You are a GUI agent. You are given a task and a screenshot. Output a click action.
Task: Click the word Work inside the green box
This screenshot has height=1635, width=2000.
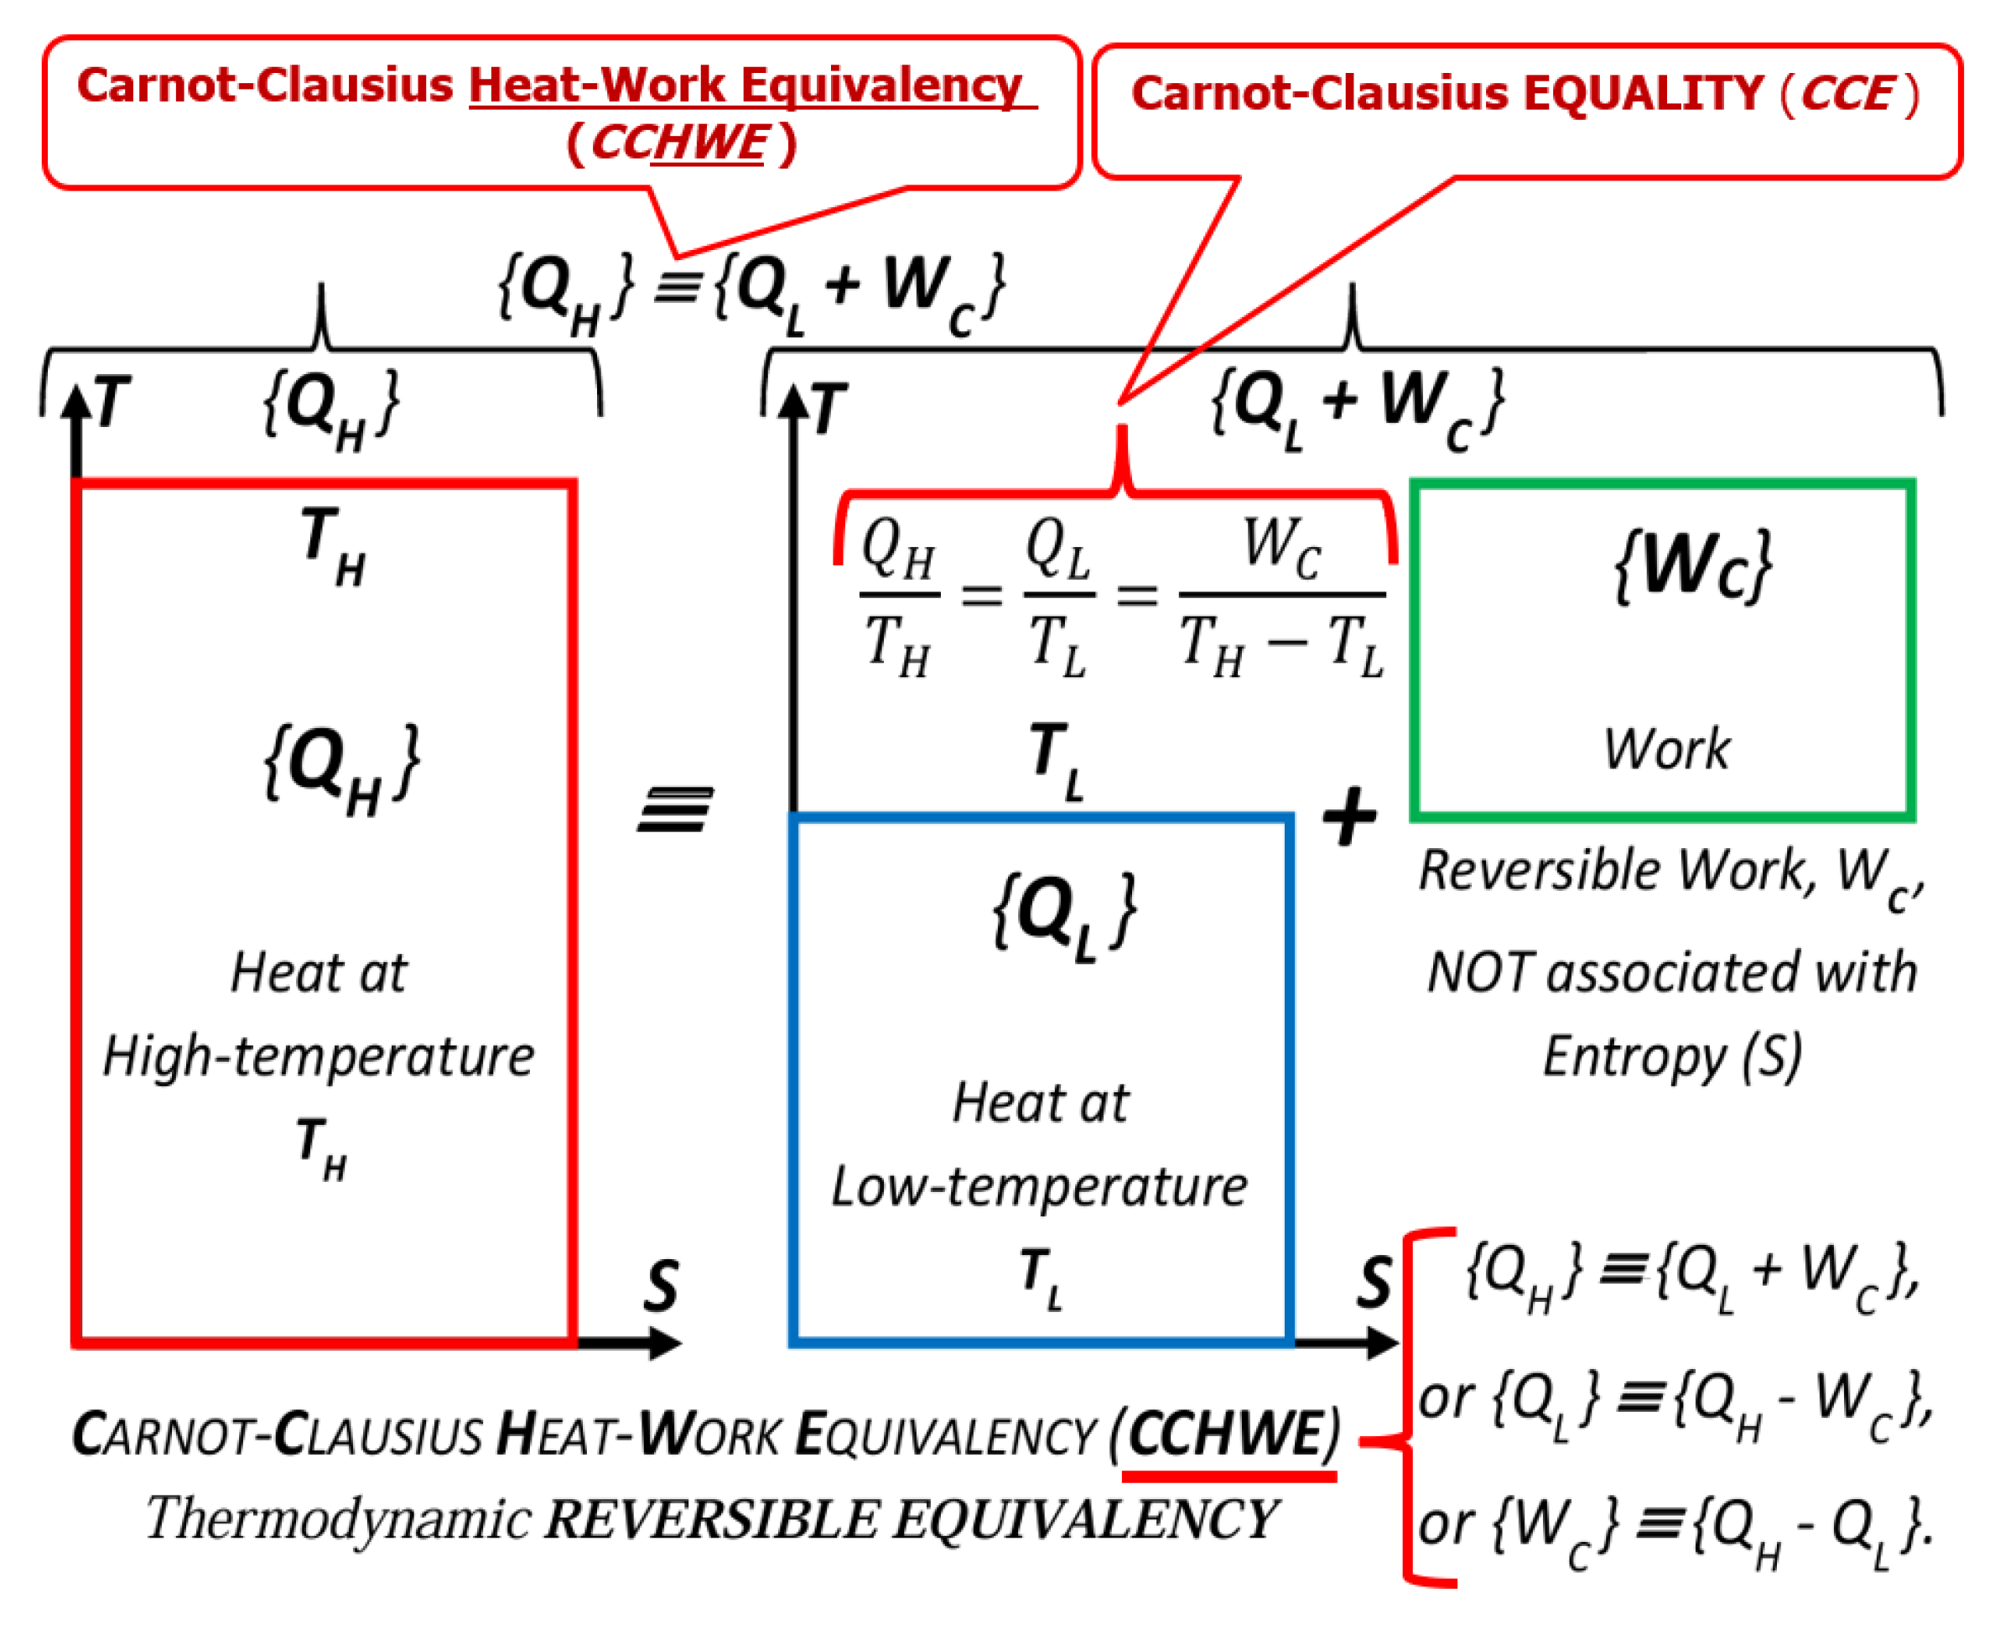[x=1667, y=749]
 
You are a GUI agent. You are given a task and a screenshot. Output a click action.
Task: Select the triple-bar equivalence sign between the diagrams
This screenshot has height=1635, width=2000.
[x=675, y=810]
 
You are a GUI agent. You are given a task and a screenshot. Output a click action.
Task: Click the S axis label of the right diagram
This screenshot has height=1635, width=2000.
[x=1374, y=1282]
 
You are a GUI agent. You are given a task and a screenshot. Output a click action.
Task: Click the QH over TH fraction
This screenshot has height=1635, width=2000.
[x=898, y=596]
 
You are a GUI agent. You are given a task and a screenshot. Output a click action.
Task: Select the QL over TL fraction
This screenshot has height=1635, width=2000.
[x=1058, y=596]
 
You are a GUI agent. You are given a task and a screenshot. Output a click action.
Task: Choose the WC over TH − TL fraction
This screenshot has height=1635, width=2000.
[x=1281, y=596]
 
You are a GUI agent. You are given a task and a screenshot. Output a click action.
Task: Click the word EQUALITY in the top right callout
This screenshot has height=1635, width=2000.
[x=1643, y=93]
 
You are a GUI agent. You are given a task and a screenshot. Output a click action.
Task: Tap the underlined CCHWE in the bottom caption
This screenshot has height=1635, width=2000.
[x=1228, y=1435]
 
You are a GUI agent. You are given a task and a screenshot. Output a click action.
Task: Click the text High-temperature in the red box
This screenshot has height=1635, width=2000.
[x=319, y=1057]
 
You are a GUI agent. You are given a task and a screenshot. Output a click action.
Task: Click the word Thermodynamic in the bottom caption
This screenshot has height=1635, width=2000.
[x=339, y=1519]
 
